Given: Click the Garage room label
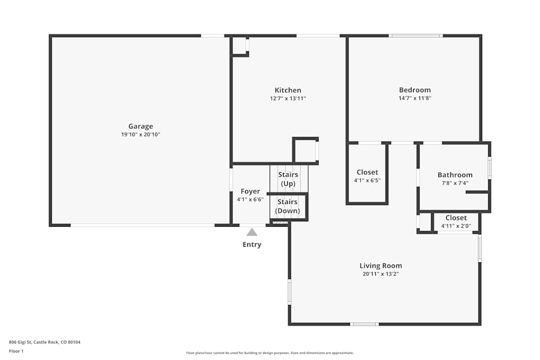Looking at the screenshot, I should point(140,126).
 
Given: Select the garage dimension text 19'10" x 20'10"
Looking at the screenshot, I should point(140,134).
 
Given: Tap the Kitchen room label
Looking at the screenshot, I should point(288,90).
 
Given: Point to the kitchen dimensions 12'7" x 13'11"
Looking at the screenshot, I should point(288,99).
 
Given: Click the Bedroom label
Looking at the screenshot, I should point(415,90).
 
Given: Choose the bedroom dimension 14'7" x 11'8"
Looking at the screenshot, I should point(415,98).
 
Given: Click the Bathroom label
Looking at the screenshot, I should point(455,175).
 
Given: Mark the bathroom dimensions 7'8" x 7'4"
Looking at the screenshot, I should point(455,183).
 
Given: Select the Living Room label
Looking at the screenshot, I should point(381,266).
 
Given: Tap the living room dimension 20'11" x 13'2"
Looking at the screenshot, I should point(381,274).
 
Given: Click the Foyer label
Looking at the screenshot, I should point(250,191).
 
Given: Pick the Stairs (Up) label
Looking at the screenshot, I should point(288,179).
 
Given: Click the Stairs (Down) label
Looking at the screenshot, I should point(288,206).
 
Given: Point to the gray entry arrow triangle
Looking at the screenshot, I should point(252,232).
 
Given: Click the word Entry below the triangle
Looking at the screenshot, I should point(252,244).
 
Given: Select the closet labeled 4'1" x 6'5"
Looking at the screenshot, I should point(367,180).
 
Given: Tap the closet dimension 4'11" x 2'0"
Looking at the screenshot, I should point(456,226).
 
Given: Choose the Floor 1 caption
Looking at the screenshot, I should point(16,351).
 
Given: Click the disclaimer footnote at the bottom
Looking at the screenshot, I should point(270,353).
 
